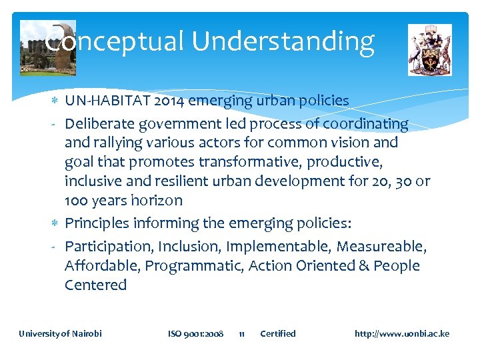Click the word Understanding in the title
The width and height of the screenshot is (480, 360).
tap(283, 42)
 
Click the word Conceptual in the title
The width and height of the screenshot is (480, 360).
tap(114, 41)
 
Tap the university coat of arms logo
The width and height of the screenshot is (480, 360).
tap(429, 49)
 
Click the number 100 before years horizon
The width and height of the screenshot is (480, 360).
tap(76, 201)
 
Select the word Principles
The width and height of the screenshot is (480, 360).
tap(95, 223)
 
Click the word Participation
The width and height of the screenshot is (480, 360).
tap(109, 247)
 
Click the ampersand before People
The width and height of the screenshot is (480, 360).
tap(363, 265)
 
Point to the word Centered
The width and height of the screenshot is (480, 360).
tap(95, 285)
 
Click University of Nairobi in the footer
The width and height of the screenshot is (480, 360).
tap(60, 333)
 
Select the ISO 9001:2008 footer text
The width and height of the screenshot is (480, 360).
tap(195, 333)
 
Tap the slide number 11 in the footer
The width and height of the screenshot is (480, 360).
tap(242, 333)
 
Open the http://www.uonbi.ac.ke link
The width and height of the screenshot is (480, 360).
tap(402, 333)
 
